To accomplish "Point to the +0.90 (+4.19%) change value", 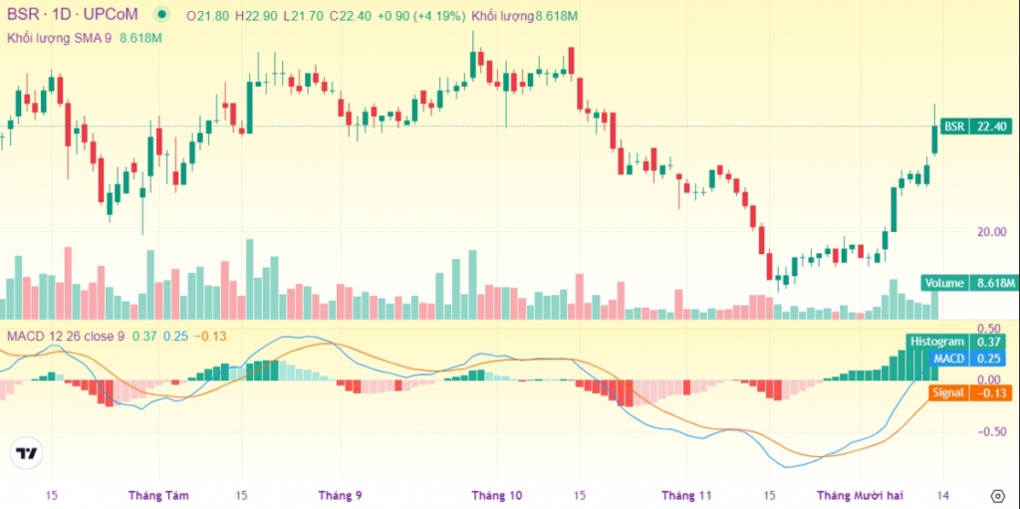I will point(422,15).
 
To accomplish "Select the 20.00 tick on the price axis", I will point(990,231).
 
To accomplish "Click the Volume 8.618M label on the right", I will point(966,283).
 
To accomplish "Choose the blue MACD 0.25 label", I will point(967,358).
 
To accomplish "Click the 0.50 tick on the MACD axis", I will point(988,328).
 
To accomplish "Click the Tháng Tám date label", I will point(158,494).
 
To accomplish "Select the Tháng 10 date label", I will point(496,494).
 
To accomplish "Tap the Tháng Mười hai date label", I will point(858,494).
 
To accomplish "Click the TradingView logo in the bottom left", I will point(28,453).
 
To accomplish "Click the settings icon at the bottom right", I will point(997,494).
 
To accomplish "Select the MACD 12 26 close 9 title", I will point(65,336).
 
